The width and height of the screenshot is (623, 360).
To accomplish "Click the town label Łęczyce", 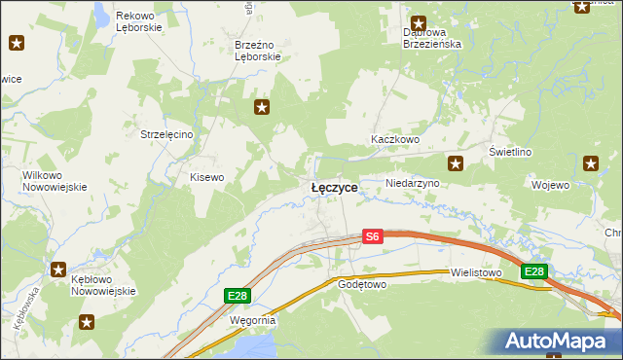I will (334, 187).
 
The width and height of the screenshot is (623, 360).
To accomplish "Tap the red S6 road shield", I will (373, 235).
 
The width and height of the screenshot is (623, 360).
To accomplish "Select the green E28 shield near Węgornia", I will (235, 295).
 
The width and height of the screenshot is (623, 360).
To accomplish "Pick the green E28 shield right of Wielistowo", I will (533, 271).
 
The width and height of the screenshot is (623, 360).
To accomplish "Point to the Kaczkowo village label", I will (394, 140).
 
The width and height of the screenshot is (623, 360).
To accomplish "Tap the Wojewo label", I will (550, 184).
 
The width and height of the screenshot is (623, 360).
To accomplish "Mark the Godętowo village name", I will (362, 285).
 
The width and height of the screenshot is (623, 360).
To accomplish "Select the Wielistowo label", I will (476, 273).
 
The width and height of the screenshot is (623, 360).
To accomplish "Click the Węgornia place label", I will (252, 319).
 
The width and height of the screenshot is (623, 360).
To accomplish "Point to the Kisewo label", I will (206, 177).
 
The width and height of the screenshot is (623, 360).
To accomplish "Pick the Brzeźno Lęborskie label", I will (258, 51).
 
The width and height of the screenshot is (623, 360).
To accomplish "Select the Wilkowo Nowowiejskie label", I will (55, 181).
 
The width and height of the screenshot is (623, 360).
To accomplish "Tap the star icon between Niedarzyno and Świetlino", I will (455, 163).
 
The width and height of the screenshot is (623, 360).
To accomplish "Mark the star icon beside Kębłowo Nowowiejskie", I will (58, 270).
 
